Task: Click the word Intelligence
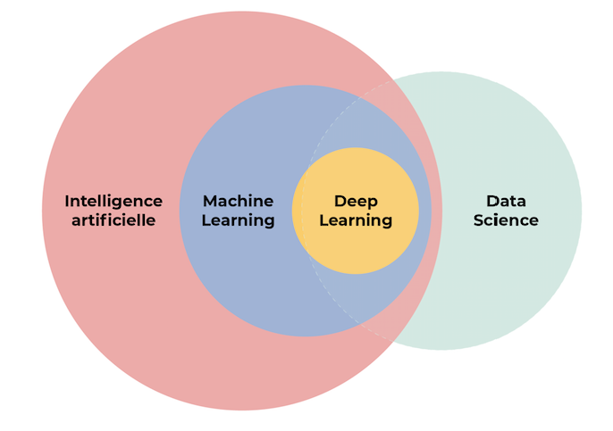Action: point(113,202)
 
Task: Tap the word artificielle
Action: point(113,220)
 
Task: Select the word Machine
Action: point(238,202)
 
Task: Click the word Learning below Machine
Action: point(238,220)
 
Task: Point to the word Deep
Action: point(356,202)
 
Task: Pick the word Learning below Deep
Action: point(356,220)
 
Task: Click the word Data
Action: point(506,202)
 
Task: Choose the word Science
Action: point(506,220)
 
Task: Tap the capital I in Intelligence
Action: point(67,202)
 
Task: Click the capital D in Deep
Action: point(340,202)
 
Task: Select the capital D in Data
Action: point(491,202)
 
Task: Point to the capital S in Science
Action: point(479,220)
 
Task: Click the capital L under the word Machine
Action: point(206,220)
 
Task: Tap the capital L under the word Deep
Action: point(323,220)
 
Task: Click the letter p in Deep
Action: point(372,203)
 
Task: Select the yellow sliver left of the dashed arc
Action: point(298,211)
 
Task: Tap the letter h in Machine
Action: point(249,202)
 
